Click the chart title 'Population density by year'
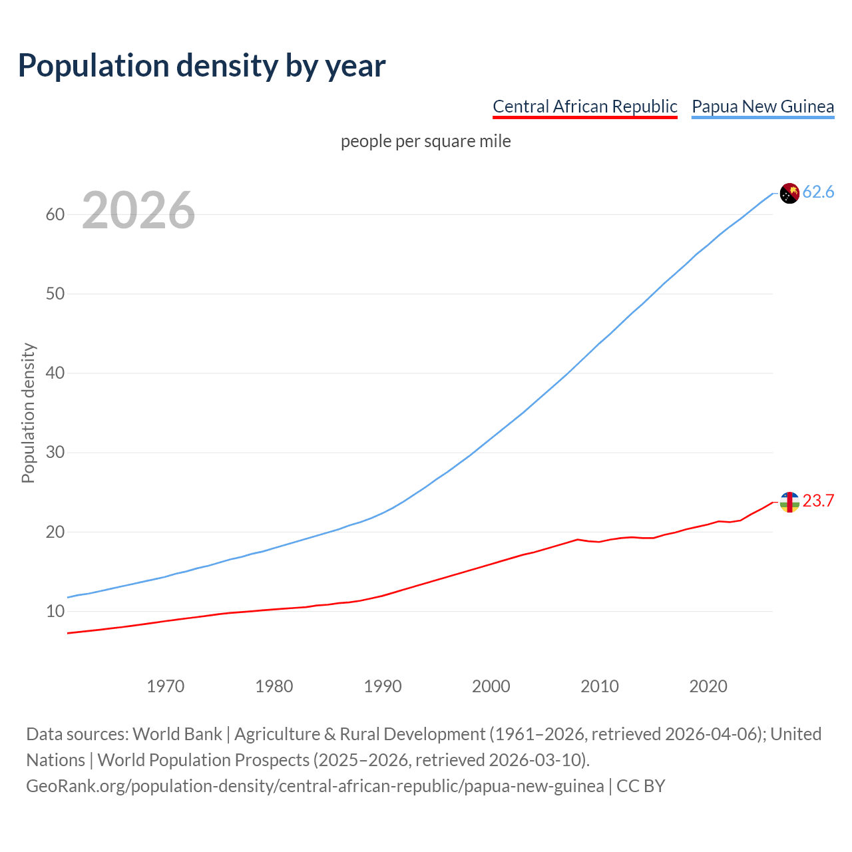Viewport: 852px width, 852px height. (x=202, y=65)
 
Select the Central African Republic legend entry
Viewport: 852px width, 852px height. (x=584, y=106)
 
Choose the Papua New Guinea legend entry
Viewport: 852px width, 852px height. (x=763, y=106)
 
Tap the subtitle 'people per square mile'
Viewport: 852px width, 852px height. (x=425, y=141)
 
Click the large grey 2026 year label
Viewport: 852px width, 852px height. (x=138, y=210)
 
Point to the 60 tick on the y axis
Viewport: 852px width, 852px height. (x=55, y=214)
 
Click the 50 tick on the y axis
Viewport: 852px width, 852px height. (x=55, y=294)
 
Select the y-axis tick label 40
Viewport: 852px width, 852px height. (x=55, y=373)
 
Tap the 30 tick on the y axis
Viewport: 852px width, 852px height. (x=55, y=453)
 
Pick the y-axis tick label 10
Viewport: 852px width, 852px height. (x=55, y=611)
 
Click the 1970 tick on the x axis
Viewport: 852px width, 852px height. (x=166, y=686)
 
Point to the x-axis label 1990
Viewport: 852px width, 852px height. (x=383, y=686)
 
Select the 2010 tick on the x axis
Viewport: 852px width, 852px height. (x=600, y=686)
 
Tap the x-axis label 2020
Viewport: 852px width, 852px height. (x=708, y=686)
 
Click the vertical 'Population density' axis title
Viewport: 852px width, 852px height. (x=28, y=413)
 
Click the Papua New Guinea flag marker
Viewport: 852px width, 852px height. (x=789, y=193)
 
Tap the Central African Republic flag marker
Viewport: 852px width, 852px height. (x=789, y=502)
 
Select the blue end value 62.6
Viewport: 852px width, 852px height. (x=818, y=192)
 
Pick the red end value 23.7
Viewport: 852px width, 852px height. (x=818, y=501)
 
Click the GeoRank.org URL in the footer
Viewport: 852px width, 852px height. (x=315, y=786)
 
